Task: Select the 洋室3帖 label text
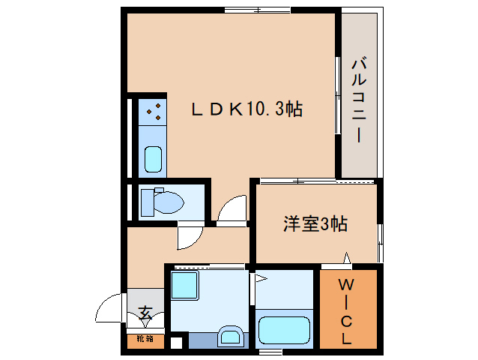[x=315, y=223]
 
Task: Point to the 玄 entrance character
[x=145, y=313]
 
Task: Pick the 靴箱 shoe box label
[x=145, y=340]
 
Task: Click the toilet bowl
[x=169, y=202]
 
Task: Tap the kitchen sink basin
[x=153, y=159]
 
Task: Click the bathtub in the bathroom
[x=284, y=330]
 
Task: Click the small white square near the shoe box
[x=175, y=344]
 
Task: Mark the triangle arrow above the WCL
[x=346, y=259]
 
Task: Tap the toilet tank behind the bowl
[x=147, y=201]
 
